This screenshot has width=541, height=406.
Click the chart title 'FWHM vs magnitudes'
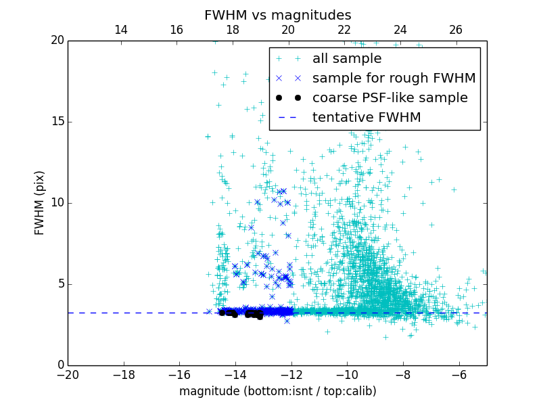click(x=277, y=15)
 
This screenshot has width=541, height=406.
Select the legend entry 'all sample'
click(x=346, y=59)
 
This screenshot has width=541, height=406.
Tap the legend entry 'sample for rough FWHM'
click(x=394, y=78)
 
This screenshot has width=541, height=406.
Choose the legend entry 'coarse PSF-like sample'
click(x=390, y=98)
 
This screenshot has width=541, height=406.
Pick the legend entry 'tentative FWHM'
click(x=367, y=118)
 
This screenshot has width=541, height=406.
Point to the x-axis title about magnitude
click(x=277, y=391)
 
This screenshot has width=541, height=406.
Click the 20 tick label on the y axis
click(x=57, y=41)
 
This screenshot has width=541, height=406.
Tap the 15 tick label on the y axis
click(x=57, y=122)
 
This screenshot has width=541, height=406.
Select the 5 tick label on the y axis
click(x=60, y=284)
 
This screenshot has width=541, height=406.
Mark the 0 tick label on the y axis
click(x=60, y=365)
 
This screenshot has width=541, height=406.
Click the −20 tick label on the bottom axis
click(x=68, y=375)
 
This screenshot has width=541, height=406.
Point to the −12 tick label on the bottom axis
click(x=291, y=375)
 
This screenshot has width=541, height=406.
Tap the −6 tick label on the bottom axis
click(x=458, y=375)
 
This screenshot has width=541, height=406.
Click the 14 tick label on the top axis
click(x=121, y=30)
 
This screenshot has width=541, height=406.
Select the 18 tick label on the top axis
click(x=233, y=30)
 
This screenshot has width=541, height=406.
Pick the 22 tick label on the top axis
click(x=344, y=30)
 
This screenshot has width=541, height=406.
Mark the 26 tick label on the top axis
click(x=456, y=30)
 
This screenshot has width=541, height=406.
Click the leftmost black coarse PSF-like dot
click(x=222, y=312)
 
